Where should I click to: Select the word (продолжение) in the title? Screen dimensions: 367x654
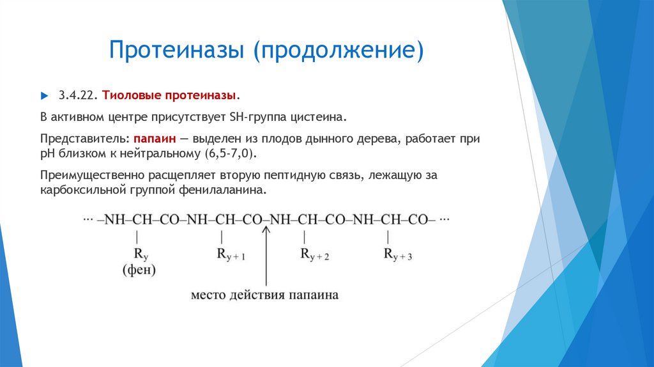click(x=339, y=50)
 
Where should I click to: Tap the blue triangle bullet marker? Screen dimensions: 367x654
click(x=44, y=95)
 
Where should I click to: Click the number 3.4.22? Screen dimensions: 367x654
click(x=78, y=95)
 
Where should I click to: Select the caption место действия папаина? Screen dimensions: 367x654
click(x=264, y=295)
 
